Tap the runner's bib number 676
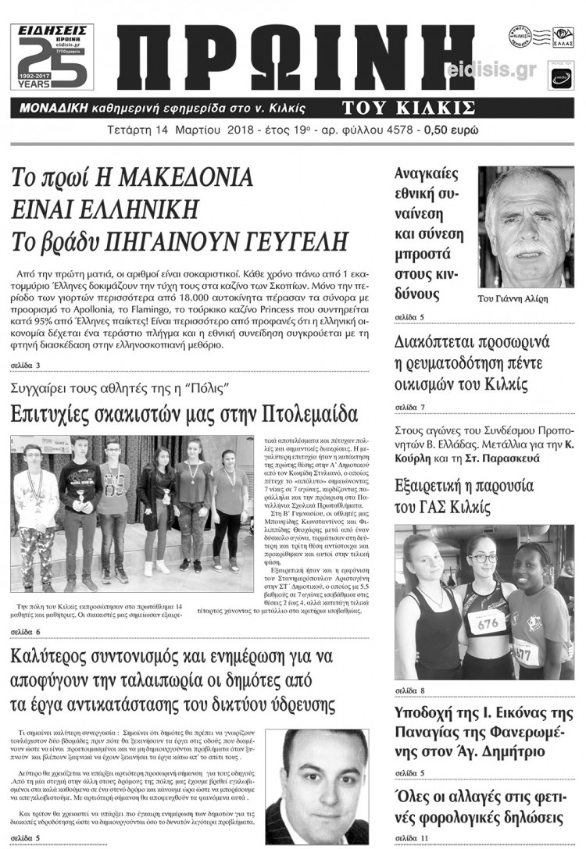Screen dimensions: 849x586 (487, 622)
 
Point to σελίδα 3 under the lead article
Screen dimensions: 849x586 (27, 365)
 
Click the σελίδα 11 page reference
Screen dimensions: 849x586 (412, 838)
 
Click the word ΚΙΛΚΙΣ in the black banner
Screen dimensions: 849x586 (438, 107)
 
